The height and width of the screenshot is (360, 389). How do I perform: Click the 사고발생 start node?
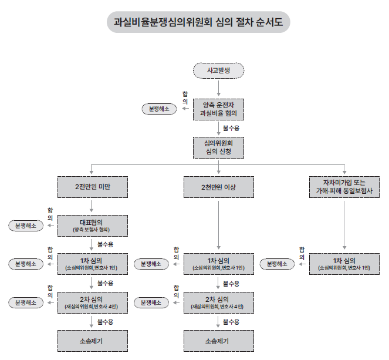[218, 71]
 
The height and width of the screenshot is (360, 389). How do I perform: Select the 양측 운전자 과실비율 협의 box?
[218, 109]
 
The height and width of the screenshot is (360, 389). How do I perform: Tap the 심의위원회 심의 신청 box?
[218, 147]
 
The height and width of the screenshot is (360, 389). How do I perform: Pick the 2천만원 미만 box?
[92, 187]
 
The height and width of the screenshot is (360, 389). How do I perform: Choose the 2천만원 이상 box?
[218, 187]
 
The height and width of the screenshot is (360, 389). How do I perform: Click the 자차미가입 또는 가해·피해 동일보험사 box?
[344, 187]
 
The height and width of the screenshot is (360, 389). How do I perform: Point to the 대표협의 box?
[92, 226]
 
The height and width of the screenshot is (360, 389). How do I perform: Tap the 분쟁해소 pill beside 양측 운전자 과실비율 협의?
[158, 109]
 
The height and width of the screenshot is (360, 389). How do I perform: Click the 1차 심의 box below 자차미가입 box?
[344, 264]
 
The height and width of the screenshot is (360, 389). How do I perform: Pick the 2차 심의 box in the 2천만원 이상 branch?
[218, 302]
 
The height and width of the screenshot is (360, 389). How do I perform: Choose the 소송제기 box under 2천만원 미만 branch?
[92, 341]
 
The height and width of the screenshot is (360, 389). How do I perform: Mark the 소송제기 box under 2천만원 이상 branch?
[218, 341]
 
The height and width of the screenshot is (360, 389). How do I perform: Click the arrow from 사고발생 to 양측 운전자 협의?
[218, 89]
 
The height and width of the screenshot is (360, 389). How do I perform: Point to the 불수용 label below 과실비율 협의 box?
[231, 127]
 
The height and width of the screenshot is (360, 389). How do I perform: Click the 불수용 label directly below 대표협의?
[105, 244]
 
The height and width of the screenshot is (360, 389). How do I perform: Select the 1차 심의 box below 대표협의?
[92, 264]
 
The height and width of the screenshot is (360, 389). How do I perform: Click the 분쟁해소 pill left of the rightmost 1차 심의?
[278, 264]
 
